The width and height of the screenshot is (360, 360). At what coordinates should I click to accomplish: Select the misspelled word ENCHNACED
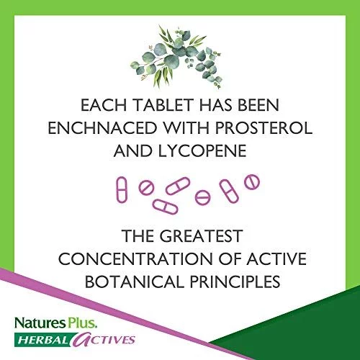click(x=102, y=128)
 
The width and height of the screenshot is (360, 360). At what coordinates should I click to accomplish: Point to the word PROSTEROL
click(x=264, y=128)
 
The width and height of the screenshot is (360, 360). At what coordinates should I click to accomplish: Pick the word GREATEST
click(x=201, y=235)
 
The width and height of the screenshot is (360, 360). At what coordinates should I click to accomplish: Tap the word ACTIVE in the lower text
click(x=276, y=258)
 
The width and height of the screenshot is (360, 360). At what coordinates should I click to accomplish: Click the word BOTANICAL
click(x=135, y=282)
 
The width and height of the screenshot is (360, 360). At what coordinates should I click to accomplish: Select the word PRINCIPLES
click(x=235, y=282)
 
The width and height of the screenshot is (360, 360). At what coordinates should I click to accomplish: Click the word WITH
click(x=186, y=128)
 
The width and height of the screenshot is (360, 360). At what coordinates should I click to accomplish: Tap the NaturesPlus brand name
click(x=56, y=323)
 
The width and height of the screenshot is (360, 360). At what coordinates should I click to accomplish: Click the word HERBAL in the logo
click(x=43, y=340)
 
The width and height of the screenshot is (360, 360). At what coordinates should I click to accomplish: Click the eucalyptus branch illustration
click(x=176, y=56)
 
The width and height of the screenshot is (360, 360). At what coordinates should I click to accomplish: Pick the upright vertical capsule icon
click(x=122, y=189)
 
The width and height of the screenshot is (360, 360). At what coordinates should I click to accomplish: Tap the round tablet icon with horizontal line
click(x=202, y=197)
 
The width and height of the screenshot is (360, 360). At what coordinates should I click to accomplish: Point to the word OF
click(x=230, y=258)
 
